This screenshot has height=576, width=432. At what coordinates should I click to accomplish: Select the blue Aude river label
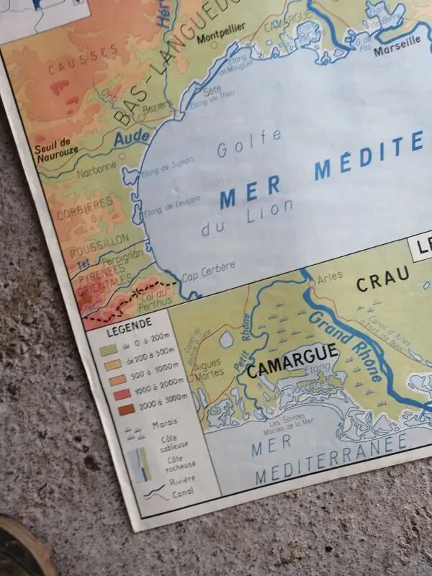point(132,137)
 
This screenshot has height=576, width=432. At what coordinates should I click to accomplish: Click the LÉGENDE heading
point(129,323)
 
